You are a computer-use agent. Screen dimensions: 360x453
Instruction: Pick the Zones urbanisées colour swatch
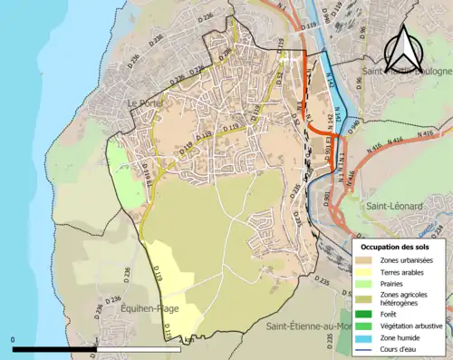click(367, 260)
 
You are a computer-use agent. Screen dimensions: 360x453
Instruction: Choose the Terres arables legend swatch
click(367, 272)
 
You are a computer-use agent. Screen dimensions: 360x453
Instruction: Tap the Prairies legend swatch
click(367, 283)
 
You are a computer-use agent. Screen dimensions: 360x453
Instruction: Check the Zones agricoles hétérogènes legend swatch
click(367, 295)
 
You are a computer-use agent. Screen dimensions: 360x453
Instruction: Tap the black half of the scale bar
click(54, 348)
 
